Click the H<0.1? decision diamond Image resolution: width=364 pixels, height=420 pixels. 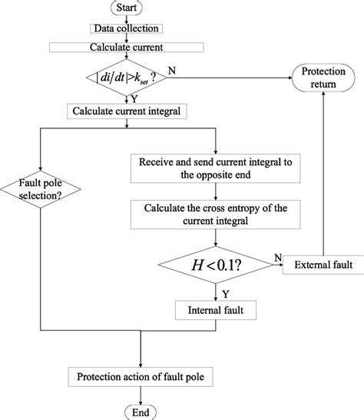click(216, 265)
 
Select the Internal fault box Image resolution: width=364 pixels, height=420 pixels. click(216, 311)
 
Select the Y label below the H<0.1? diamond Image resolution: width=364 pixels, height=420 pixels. click(223, 293)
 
